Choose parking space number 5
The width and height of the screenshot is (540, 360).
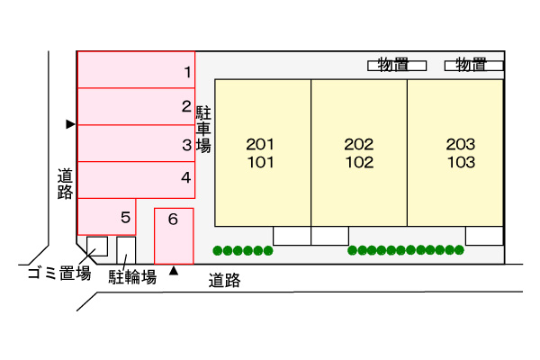107,217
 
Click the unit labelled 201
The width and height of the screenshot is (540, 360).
260,144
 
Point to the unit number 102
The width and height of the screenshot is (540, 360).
358,163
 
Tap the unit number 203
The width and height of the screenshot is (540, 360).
460,144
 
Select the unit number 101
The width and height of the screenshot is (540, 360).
260,163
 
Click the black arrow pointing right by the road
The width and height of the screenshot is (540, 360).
69,124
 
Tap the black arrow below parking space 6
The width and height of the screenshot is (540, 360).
175,270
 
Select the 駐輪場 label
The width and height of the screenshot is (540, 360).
133,276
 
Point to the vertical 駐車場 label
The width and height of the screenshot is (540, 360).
203,129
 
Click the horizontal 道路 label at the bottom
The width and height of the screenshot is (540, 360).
224,280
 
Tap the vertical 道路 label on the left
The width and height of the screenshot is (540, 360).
64,184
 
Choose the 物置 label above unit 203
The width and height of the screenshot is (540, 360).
472,65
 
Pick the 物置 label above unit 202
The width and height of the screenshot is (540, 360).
393,65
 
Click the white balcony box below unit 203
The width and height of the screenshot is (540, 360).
484,236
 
